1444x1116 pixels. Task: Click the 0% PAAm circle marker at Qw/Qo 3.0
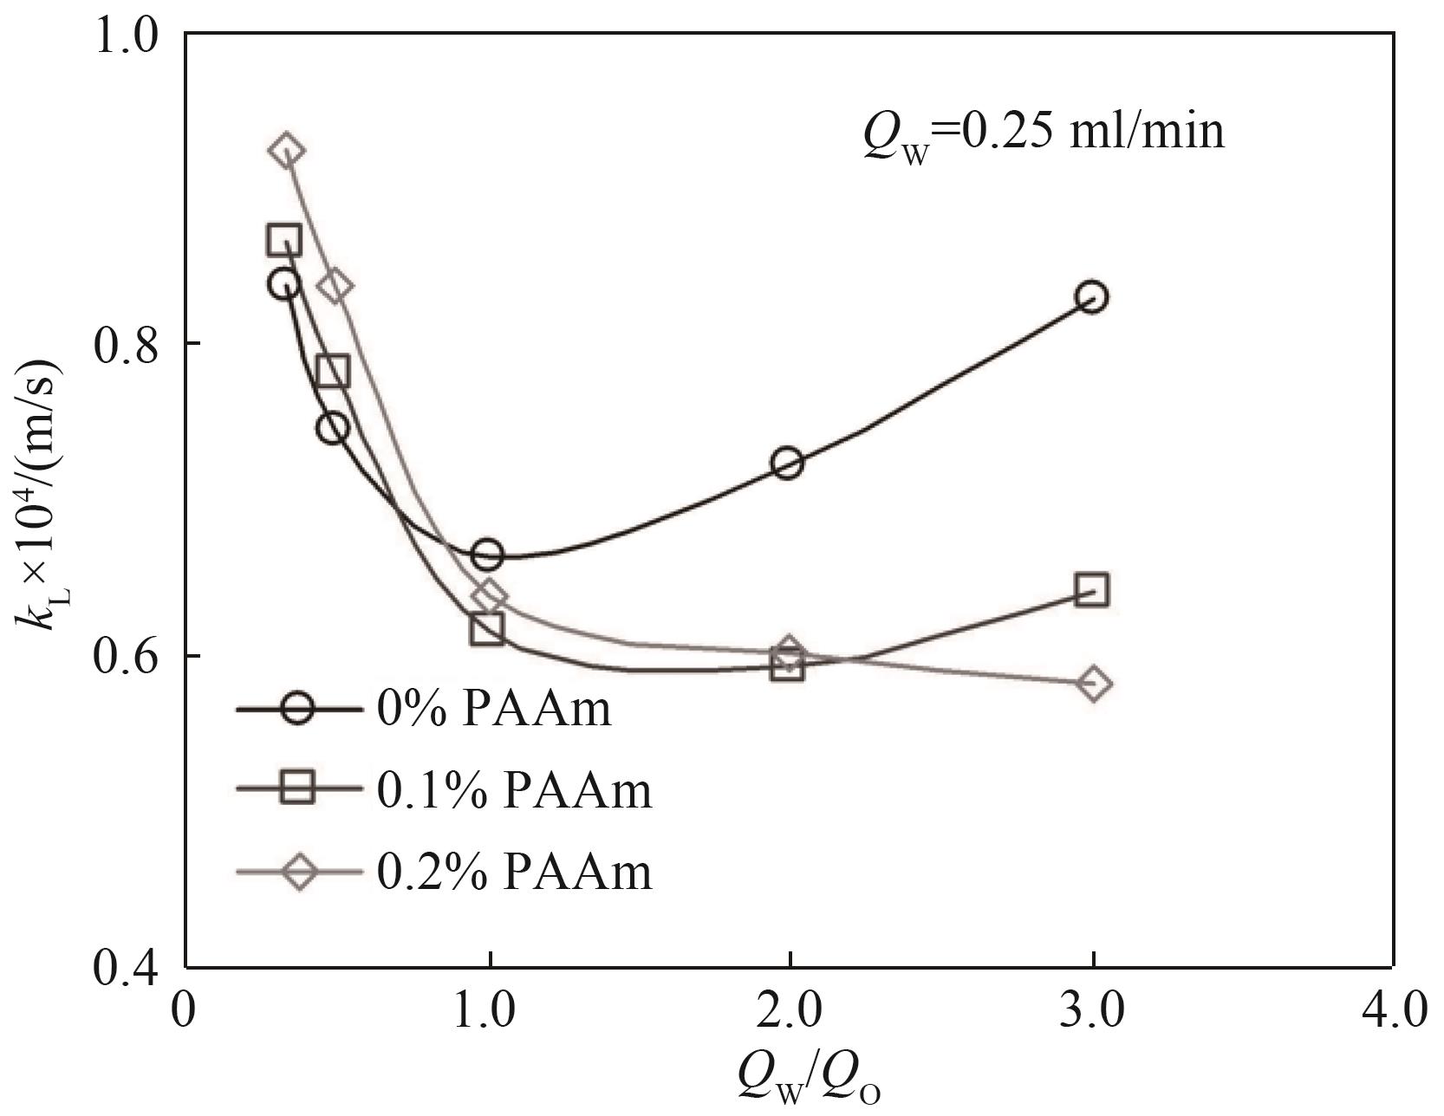1092,297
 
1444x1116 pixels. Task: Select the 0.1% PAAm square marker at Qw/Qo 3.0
1092,590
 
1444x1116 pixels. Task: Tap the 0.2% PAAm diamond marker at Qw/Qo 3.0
1093,684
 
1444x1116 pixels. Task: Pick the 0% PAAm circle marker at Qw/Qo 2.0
787,462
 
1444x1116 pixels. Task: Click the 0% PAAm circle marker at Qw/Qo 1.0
488,555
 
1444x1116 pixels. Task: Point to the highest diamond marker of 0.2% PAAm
286,151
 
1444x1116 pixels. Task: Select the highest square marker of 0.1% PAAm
283,240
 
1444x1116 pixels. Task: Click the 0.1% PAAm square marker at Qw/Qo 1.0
487,629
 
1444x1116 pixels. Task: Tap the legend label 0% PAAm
494,709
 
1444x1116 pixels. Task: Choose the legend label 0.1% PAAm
514,790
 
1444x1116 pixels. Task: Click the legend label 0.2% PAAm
514,872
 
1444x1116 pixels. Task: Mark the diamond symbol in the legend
300,872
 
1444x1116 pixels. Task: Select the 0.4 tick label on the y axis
128,967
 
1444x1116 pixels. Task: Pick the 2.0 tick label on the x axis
790,1011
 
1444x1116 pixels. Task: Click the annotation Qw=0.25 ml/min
1044,134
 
